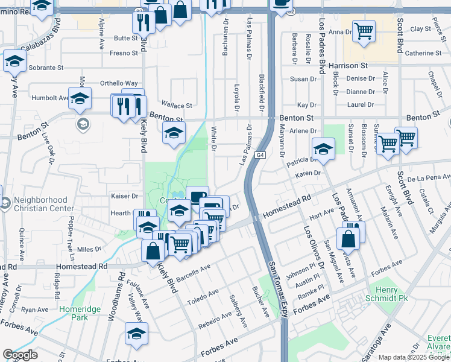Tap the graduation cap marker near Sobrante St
tap(14, 60)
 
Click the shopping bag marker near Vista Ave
tap(348, 237)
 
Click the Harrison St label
tap(348, 65)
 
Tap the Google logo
tap(20, 355)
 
